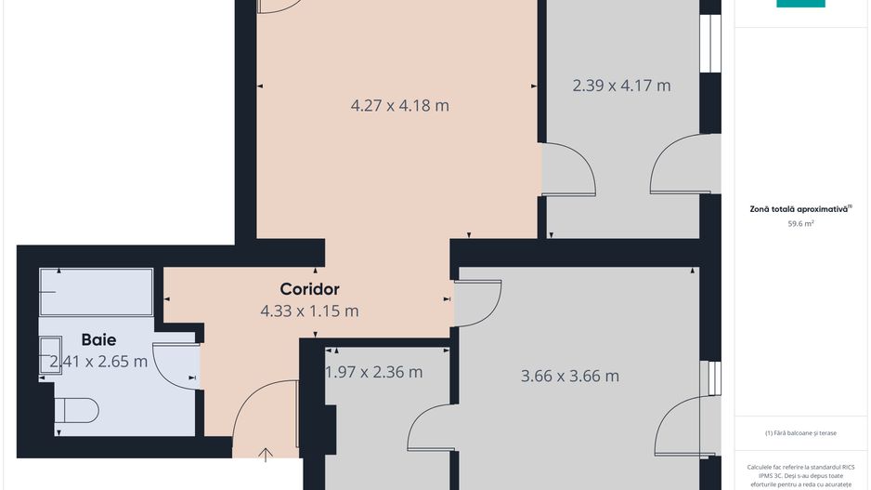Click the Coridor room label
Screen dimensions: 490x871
309,289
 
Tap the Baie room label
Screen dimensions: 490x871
98,339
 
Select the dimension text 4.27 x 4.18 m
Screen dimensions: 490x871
399,105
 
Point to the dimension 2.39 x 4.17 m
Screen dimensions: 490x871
621,86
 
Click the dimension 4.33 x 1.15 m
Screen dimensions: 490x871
309,311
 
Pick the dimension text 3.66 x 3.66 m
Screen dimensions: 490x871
569,377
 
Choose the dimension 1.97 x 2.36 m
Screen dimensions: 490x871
373,372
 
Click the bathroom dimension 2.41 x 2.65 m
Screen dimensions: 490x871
98,362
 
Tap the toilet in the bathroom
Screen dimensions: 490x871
77,409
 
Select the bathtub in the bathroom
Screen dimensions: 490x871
97,292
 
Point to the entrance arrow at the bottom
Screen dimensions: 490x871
266,455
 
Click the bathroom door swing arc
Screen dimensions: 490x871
171,363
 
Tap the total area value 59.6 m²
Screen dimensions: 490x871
800,224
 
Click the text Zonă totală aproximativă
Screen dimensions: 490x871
799,209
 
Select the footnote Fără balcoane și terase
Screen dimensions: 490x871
800,433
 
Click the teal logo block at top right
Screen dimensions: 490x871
800,4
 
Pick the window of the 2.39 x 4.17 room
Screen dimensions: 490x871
711,45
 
